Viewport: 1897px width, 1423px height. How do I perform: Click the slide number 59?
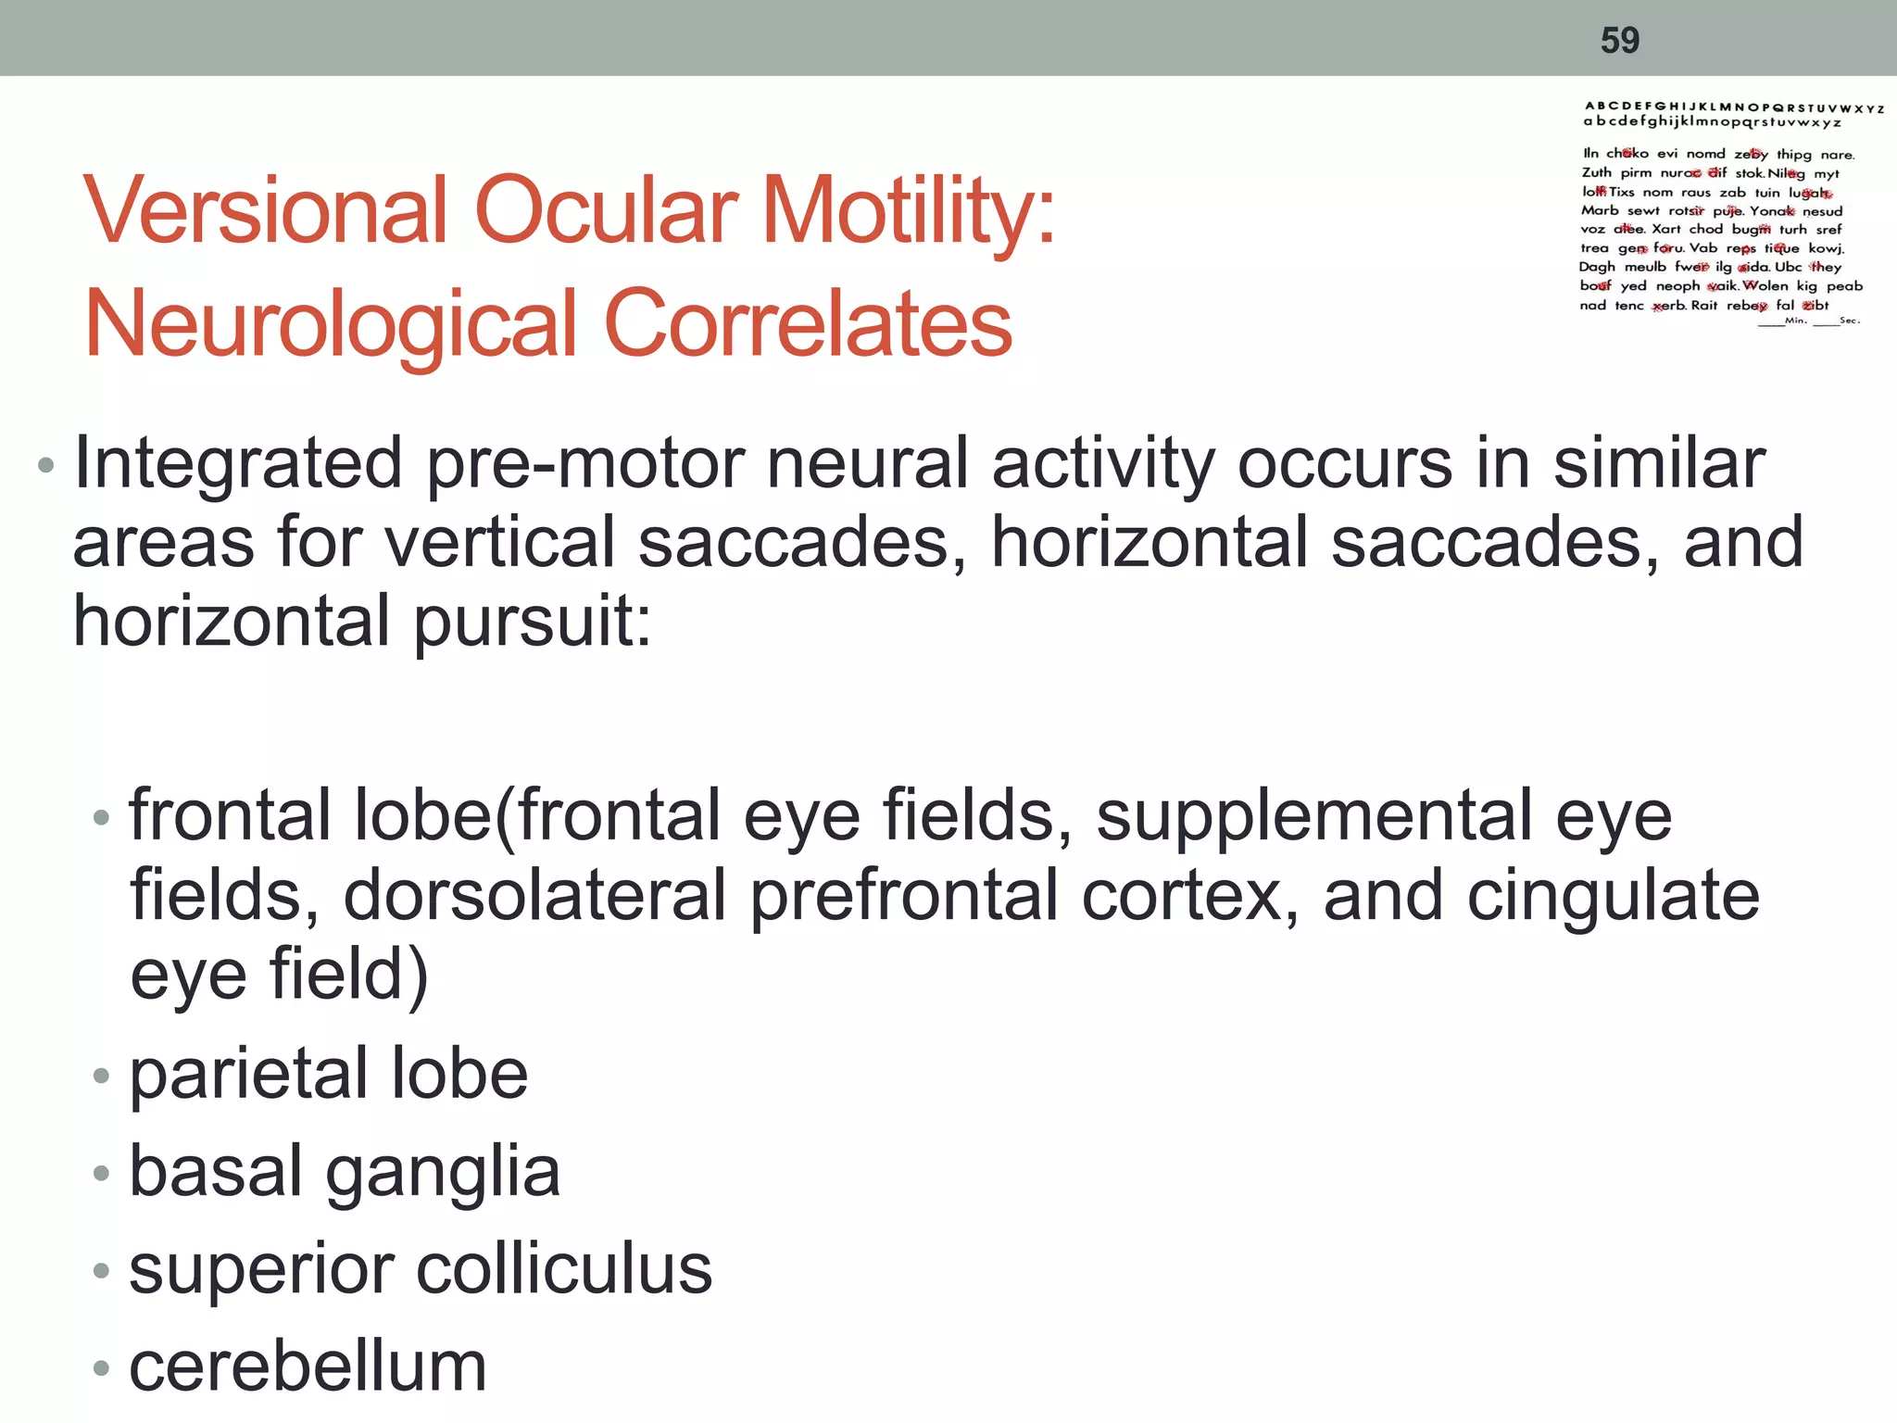click(1620, 40)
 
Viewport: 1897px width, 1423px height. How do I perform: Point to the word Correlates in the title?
click(808, 323)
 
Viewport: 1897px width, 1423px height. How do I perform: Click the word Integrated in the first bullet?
click(237, 463)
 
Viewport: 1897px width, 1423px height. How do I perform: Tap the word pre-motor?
click(585, 463)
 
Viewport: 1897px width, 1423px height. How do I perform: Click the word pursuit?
click(533, 623)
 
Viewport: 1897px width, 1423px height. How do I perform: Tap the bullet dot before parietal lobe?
click(101, 1076)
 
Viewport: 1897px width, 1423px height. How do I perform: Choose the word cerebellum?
click(308, 1366)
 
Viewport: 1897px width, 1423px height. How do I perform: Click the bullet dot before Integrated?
click(45, 464)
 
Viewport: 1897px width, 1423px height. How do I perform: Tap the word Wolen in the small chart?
click(1765, 286)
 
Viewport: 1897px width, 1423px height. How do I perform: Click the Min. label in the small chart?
click(1796, 321)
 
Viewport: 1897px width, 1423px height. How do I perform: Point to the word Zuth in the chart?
click(1596, 173)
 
